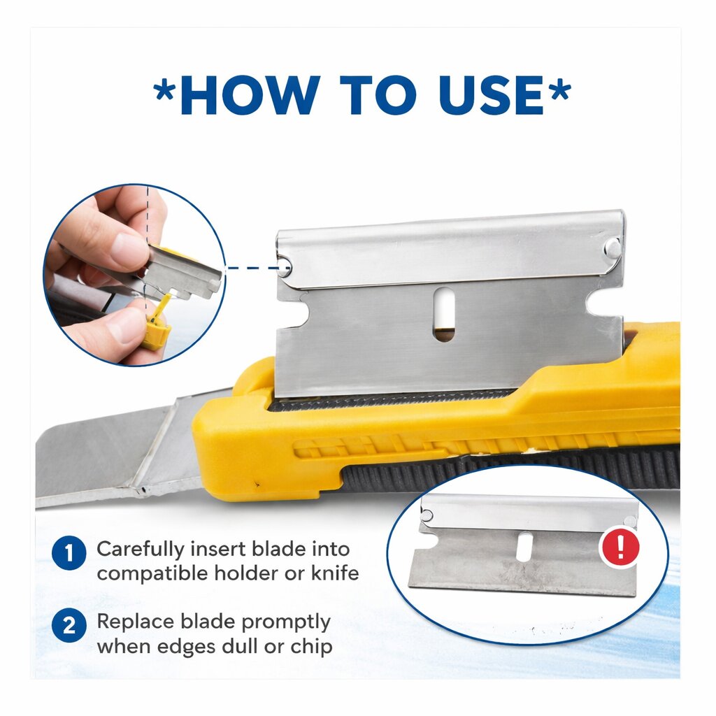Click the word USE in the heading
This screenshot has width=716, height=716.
click(492, 95)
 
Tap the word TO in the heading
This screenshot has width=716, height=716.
click(379, 95)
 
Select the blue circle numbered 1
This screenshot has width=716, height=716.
click(69, 553)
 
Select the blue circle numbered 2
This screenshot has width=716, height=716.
click(69, 625)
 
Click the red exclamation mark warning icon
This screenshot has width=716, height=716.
click(620, 547)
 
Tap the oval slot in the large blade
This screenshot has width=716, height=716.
click(444, 314)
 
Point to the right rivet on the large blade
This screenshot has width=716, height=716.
click(613, 248)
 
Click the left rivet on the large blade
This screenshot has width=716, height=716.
click(285, 266)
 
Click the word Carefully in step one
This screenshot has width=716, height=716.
click(141, 550)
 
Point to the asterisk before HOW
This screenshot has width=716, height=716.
click(164, 90)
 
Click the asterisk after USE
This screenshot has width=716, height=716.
click(559, 90)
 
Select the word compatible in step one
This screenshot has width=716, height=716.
click(154, 574)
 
